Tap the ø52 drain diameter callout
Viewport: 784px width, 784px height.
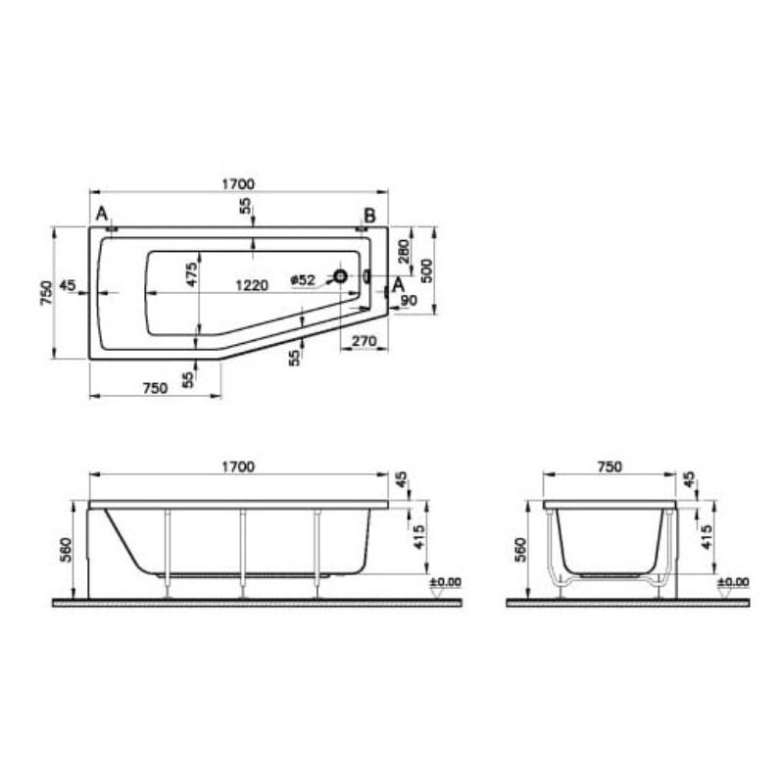click(x=303, y=280)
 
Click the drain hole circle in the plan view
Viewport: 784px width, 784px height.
click(x=340, y=277)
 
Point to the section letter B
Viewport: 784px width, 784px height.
click(x=369, y=216)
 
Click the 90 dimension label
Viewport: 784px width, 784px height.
click(x=409, y=301)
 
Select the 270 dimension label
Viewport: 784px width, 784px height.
click(x=364, y=341)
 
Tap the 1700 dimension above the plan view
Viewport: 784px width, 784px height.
click(x=238, y=183)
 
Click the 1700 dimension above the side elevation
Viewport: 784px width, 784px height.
click(x=238, y=466)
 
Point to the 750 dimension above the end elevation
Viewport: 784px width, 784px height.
click(x=609, y=466)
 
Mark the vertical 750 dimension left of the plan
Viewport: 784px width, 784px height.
click(x=45, y=294)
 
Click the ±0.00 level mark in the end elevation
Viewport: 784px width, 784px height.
click(x=733, y=582)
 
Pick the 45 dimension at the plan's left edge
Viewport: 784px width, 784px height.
click(x=68, y=285)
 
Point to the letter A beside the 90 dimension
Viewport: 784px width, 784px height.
click(x=398, y=284)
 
